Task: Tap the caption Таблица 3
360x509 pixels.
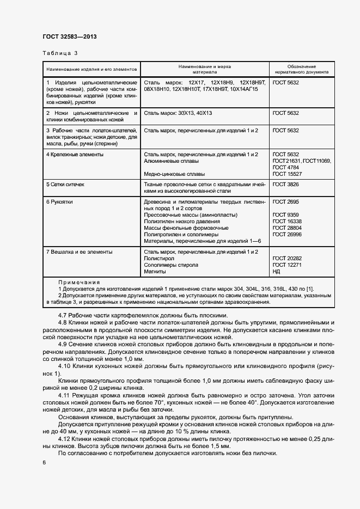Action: tap(60, 53)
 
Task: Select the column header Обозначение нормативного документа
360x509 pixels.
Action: tap(301, 69)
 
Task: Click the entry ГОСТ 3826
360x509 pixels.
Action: tap(286, 185)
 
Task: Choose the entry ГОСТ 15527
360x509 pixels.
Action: tap(288, 174)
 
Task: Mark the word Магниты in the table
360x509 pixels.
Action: tap(156, 271)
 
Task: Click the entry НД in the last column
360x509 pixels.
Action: tap(277, 271)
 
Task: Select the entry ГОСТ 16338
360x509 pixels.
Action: tap(288, 221)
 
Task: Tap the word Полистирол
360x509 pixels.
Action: tap(159, 259)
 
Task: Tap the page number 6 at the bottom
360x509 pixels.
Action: tap(44, 462)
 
